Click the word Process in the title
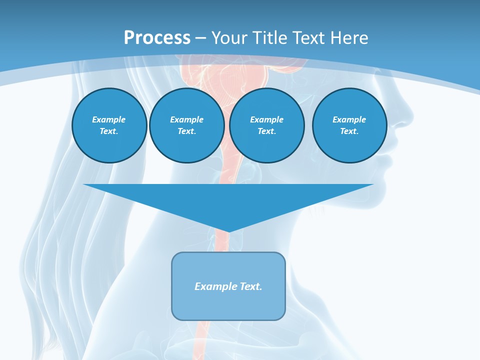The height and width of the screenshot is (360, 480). point(157,38)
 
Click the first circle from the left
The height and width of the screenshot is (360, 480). point(109,125)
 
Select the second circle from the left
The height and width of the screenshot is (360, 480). point(187,125)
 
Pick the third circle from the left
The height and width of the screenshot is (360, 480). point(266,125)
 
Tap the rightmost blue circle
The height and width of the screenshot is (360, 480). point(349,125)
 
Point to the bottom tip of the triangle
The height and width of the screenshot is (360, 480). point(228,231)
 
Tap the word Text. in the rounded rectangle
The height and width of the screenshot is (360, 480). point(250,286)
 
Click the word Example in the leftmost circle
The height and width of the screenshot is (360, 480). point(109,119)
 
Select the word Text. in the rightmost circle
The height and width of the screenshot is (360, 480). point(349,131)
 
